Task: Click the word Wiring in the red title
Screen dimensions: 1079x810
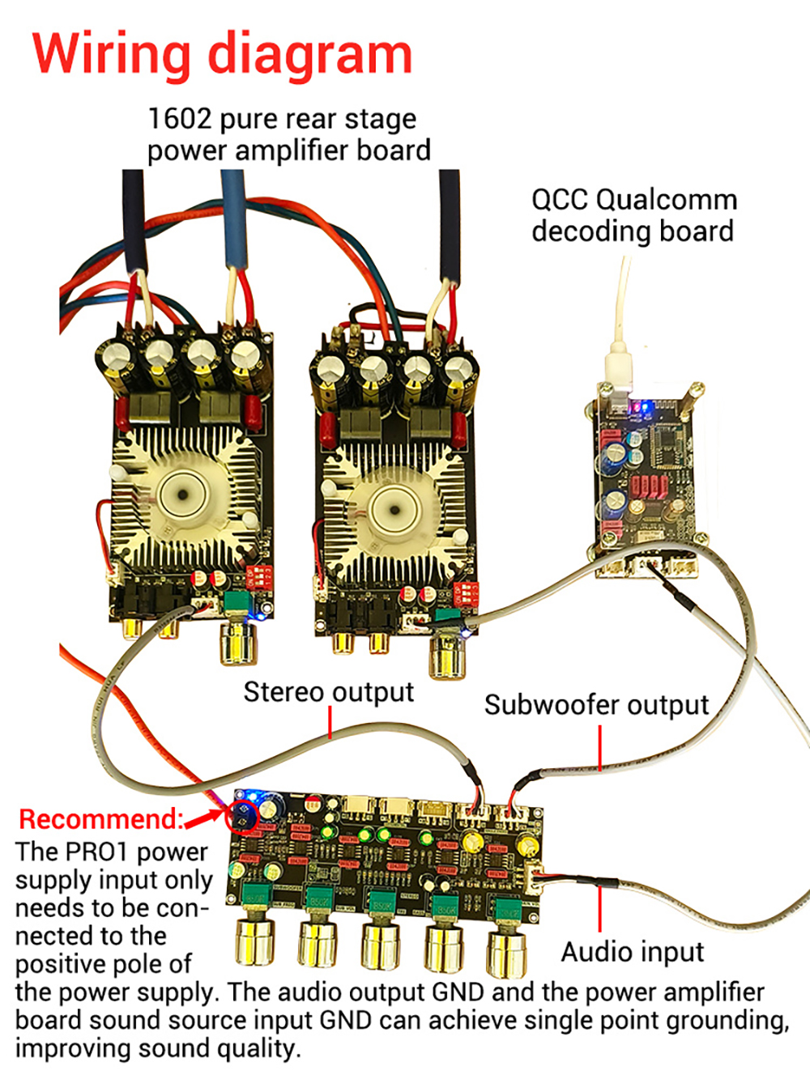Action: (x=112, y=55)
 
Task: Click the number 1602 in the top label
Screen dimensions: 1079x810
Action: (x=178, y=119)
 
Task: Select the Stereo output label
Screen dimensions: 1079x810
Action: (x=328, y=693)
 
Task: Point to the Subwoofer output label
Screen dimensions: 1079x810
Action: (x=596, y=705)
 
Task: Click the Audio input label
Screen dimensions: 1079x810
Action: (x=632, y=952)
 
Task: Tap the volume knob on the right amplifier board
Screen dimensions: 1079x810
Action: (x=446, y=654)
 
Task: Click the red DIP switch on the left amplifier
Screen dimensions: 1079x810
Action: (x=259, y=576)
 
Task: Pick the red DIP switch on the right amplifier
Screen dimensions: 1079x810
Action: (x=467, y=593)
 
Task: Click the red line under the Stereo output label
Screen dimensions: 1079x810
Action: (x=330, y=722)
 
